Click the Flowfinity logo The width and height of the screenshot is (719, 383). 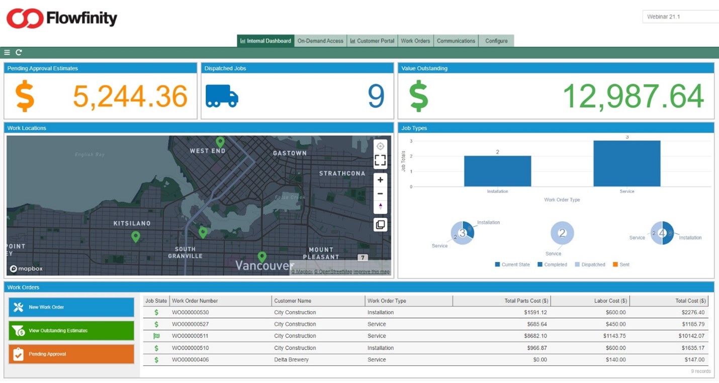(61, 19)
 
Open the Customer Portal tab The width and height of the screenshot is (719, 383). (372, 41)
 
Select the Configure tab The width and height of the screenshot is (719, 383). (496, 41)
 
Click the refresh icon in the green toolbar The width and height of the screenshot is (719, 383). (19, 52)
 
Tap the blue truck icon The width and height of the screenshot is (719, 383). (222, 96)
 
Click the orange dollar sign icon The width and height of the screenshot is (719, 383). (25, 96)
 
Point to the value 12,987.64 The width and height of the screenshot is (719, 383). (633, 96)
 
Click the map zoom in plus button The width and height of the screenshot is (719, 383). (380, 180)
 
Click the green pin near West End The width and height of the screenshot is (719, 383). (220, 143)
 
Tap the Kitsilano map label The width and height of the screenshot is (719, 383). (132, 223)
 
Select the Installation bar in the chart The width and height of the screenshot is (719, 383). (497, 171)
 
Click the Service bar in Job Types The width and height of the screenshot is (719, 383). (626, 164)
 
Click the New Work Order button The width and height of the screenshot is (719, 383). (71, 307)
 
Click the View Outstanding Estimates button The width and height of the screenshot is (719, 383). (71, 331)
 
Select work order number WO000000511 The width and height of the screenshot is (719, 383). (190, 336)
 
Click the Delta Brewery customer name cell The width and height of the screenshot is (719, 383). (291, 360)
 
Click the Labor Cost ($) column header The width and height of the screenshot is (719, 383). (610, 301)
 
